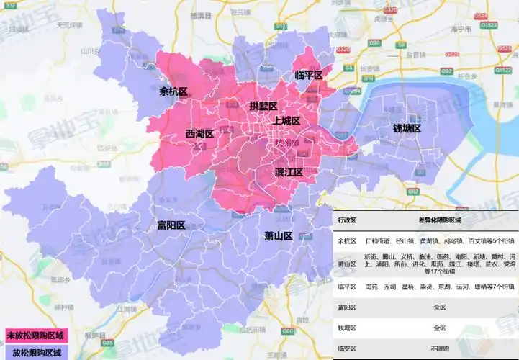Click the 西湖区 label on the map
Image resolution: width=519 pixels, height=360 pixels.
(x=199, y=134)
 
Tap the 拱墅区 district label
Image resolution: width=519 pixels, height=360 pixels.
(x=263, y=106)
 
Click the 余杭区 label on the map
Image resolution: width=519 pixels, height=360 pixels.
(x=173, y=91)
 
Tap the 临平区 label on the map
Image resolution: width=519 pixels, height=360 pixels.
(x=309, y=75)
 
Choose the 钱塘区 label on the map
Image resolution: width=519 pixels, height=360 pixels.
(x=406, y=128)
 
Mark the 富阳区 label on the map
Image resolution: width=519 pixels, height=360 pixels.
(x=171, y=225)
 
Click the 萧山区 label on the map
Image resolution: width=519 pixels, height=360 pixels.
(x=277, y=236)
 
